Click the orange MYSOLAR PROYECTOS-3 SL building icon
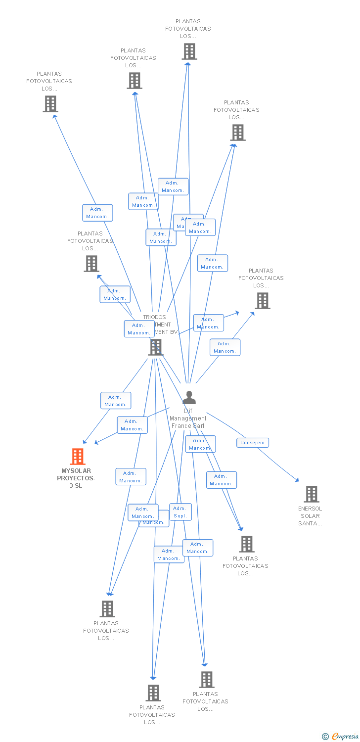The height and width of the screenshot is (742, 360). [78, 456]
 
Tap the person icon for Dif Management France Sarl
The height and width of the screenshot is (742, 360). [189, 398]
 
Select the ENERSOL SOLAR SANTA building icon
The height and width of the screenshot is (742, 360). [311, 494]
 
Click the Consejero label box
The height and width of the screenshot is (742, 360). [252, 443]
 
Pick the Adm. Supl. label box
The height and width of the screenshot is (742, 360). [180, 512]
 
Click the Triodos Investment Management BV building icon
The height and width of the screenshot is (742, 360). [156, 347]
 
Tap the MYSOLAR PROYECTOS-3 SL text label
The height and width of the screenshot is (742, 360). [76, 478]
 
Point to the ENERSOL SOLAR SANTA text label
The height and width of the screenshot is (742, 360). [310, 516]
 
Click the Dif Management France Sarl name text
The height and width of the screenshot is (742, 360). [188, 418]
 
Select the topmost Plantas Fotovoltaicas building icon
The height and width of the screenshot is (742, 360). [189, 51]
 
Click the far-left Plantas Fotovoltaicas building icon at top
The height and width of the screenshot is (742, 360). [50, 104]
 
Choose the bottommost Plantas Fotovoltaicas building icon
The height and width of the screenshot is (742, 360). [153, 693]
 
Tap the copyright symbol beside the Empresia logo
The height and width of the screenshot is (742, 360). [325, 737]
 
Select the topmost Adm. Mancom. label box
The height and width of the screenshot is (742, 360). [173, 186]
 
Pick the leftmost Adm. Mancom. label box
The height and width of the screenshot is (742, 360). [97, 213]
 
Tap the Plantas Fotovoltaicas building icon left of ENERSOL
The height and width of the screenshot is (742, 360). [246, 544]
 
